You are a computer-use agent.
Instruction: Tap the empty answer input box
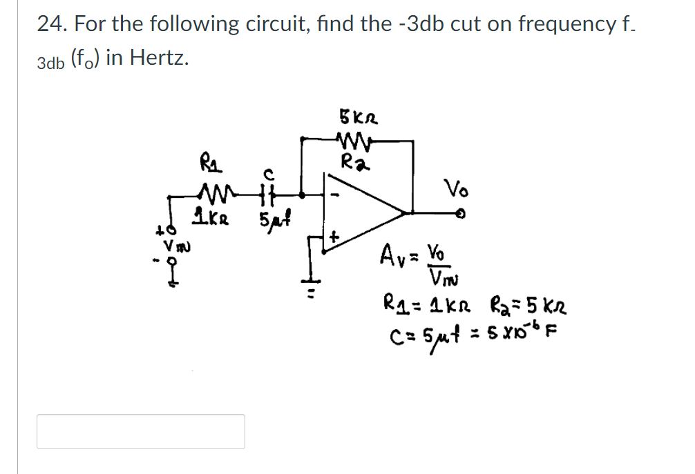coord(141,431)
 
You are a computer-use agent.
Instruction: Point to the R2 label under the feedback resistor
coord(354,163)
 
